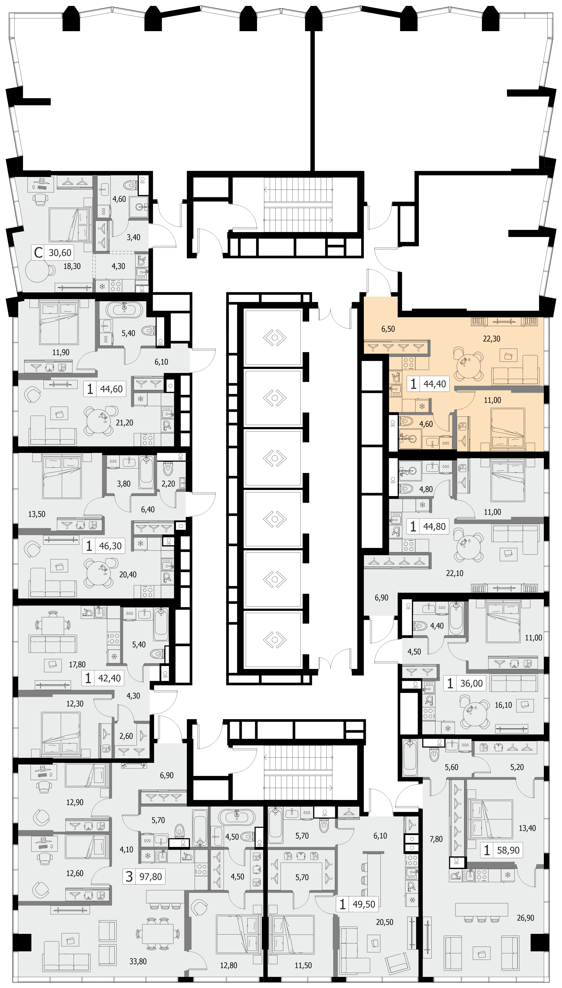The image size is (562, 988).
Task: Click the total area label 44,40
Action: (x=435, y=384)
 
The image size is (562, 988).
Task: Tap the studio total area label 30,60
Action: (x=60, y=253)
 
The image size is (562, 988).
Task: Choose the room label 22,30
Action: (x=491, y=339)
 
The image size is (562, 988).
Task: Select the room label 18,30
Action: (x=72, y=266)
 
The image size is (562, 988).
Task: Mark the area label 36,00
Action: (x=471, y=683)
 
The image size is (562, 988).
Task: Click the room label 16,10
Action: (x=503, y=705)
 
